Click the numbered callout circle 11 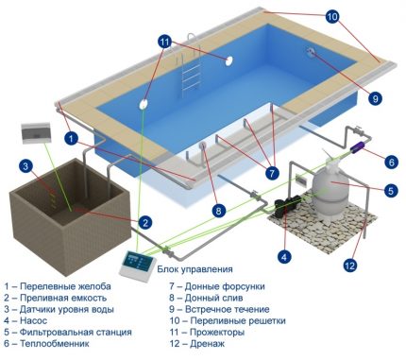pyautogui.click(x=166, y=42)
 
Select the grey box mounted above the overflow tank pyautogui.click(x=32, y=135)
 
